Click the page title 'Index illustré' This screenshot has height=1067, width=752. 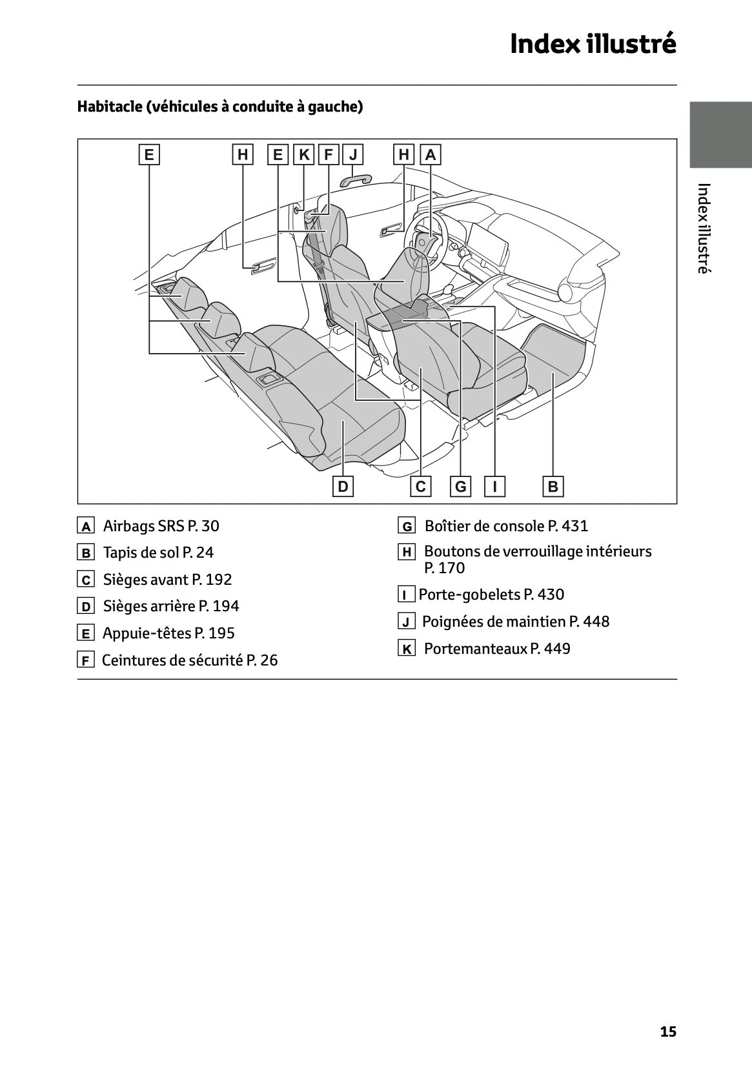click(593, 44)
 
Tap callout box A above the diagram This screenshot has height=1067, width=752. click(431, 155)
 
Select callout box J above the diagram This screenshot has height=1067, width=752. click(353, 155)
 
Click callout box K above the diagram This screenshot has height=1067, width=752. click(304, 155)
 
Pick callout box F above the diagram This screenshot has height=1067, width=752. click(329, 155)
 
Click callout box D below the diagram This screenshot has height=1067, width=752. click(343, 486)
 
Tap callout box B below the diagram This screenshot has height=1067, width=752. click(553, 486)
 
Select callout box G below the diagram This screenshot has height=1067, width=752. click(461, 486)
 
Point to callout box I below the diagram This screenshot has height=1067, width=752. click(494, 486)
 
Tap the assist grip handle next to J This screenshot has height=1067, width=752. click(357, 178)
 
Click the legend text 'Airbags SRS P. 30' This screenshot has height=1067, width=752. click(161, 526)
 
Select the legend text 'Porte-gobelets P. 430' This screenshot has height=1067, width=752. click(491, 594)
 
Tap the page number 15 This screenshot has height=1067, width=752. click(668, 1031)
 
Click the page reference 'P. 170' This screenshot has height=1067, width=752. click(444, 568)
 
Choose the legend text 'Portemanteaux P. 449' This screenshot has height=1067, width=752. click(497, 649)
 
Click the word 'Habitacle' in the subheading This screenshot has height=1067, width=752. click(108, 107)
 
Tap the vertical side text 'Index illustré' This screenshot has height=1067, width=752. click(704, 229)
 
